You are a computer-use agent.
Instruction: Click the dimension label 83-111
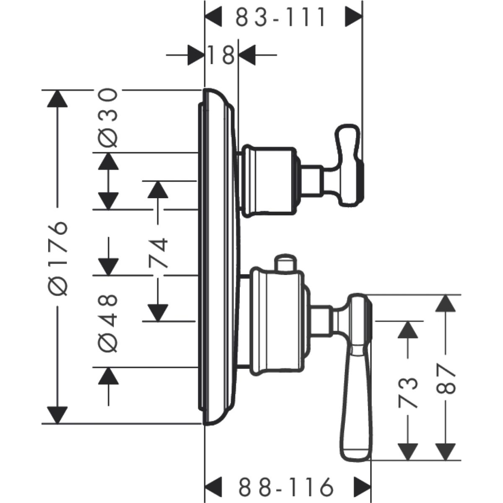coord(280,18)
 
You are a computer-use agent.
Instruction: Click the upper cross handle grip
coord(349,166)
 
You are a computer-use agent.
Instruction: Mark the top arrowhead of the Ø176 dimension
coord(57,100)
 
